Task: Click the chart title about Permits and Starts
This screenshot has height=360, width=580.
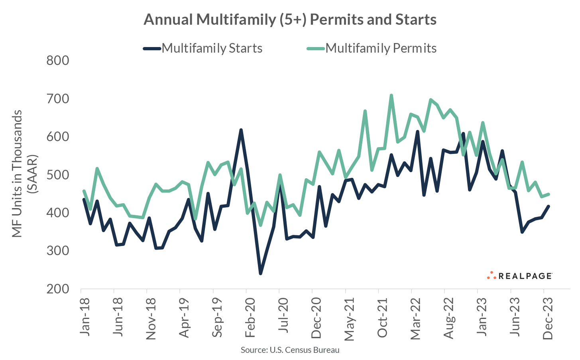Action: click(290, 20)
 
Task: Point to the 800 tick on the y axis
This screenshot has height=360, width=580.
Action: click(58, 61)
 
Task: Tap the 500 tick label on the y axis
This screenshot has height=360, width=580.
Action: click(58, 175)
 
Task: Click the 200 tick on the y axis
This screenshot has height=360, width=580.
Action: click(58, 289)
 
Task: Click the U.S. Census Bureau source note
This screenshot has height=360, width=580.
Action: click(290, 350)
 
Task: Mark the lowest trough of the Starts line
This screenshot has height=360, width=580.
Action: click(261, 273)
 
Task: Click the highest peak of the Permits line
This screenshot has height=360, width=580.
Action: click(391, 95)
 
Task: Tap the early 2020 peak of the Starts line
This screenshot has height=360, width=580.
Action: click(241, 130)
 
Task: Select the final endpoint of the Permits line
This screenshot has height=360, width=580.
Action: click(549, 194)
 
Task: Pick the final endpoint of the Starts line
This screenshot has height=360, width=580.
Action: click(549, 206)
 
